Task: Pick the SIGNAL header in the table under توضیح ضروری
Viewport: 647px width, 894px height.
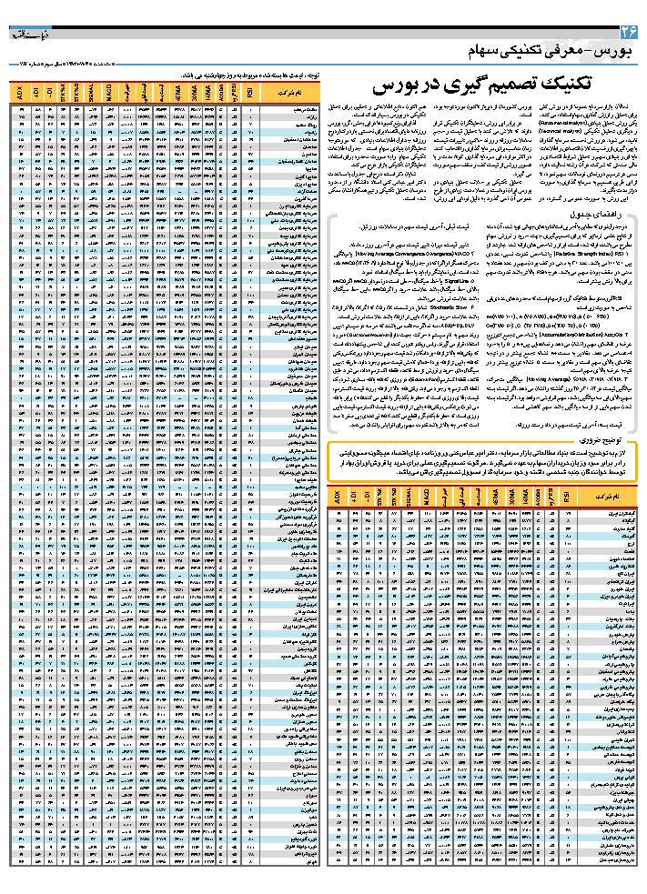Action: tap(407, 498)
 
